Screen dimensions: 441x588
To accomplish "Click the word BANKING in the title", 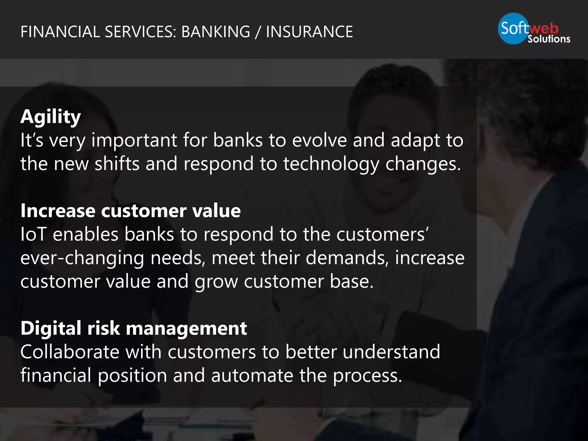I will point(216,32).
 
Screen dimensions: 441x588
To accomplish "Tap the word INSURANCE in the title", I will point(309,32).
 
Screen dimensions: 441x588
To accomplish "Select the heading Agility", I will point(51,117).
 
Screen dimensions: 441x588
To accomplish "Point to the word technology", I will point(331,164).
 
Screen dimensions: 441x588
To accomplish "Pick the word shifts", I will point(117,164).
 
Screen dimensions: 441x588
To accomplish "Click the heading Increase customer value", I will point(131,211).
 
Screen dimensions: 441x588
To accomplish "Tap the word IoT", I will point(33,234).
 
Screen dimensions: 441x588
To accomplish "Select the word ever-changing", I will point(82,258).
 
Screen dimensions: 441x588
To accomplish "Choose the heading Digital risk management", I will point(134,328).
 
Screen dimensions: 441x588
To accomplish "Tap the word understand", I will point(391,352).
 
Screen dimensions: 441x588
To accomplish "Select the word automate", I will point(252,376).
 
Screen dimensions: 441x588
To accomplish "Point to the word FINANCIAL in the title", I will point(60,32).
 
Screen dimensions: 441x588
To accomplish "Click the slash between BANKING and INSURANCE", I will point(258,32).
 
